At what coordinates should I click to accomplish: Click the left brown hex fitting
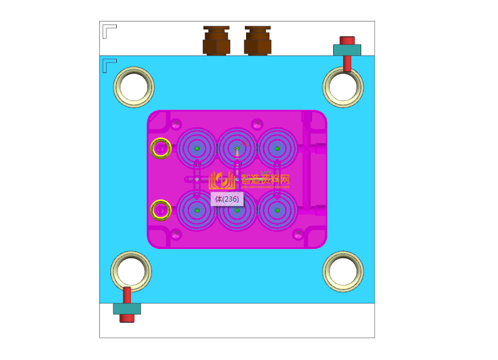pyautogui.click(x=216, y=41)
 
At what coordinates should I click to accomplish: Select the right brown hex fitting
pyautogui.click(x=258, y=41)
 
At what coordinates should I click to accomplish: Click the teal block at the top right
pyautogui.click(x=347, y=50)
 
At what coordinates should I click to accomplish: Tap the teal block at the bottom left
pyautogui.click(x=127, y=309)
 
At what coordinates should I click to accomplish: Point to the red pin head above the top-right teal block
pyautogui.click(x=347, y=40)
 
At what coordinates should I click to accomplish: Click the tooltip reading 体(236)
pyautogui.click(x=226, y=199)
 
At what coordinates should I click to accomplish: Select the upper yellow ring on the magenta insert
pyautogui.click(x=160, y=148)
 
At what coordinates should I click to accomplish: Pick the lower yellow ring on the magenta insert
pyautogui.click(x=160, y=209)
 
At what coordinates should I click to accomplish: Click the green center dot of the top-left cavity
pyautogui.click(x=197, y=148)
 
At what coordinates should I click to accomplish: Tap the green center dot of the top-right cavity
pyautogui.click(x=277, y=148)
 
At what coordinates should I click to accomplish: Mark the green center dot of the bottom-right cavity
pyautogui.click(x=277, y=210)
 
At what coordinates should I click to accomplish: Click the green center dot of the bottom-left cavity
pyautogui.click(x=197, y=210)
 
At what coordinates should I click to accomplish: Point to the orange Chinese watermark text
pyautogui.click(x=265, y=180)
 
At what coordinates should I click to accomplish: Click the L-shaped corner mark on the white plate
pyautogui.click(x=109, y=30)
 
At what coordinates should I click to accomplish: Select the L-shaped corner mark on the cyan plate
pyautogui.click(x=109, y=64)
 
